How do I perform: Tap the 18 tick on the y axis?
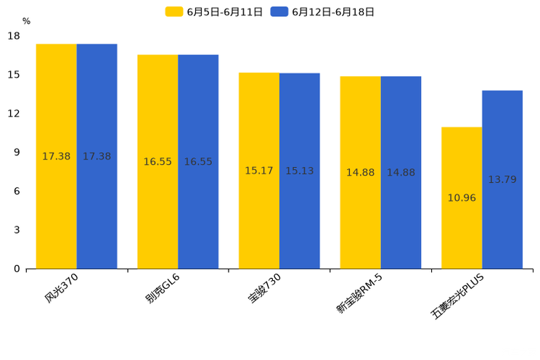pyautogui.click(x=14, y=36)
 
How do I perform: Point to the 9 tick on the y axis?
pyautogui.click(x=17, y=152)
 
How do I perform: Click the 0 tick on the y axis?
pyautogui.click(x=17, y=269)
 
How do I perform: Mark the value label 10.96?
pyautogui.click(x=462, y=197)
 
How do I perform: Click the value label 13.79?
pyautogui.click(x=502, y=179)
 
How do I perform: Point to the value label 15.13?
pyautogui.click(x=299, y=171)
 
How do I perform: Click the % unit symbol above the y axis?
pyautogui.click(x=26, y=21)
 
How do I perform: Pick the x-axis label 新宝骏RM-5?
pyautogui.click(x=359, y=293)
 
